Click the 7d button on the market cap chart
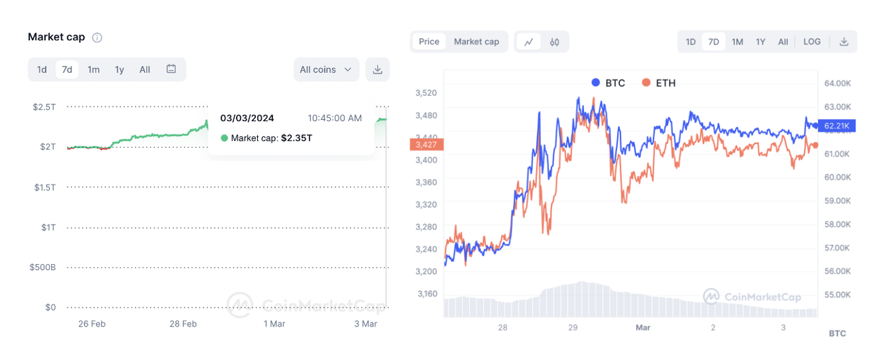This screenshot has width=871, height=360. point(67,69)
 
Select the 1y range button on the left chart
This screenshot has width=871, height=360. point(119,69)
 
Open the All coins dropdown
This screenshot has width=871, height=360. point(326,69)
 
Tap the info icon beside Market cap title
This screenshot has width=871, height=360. point(97,37)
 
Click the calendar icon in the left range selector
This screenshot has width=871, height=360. point(171,69)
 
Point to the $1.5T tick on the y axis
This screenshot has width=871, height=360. point(46,187)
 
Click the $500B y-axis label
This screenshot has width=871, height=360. point(43,267)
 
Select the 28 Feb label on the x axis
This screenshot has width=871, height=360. point(183,324)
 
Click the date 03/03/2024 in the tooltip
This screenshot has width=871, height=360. point(247,118)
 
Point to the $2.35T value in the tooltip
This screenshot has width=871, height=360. point(297,138)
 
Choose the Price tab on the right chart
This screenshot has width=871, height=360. point(429,42)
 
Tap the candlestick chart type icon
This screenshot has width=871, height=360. point(555,42)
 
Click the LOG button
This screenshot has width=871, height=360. point(812,42)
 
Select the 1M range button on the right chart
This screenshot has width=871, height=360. point(737,42)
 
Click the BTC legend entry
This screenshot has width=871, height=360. point(608,83)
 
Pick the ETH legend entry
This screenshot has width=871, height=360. point(659,83)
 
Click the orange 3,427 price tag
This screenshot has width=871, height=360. point(427,144)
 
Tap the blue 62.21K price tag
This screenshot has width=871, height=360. point(836,126)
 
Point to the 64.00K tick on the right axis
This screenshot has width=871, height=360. point(838,83)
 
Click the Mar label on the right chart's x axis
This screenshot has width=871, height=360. point(643,328)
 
